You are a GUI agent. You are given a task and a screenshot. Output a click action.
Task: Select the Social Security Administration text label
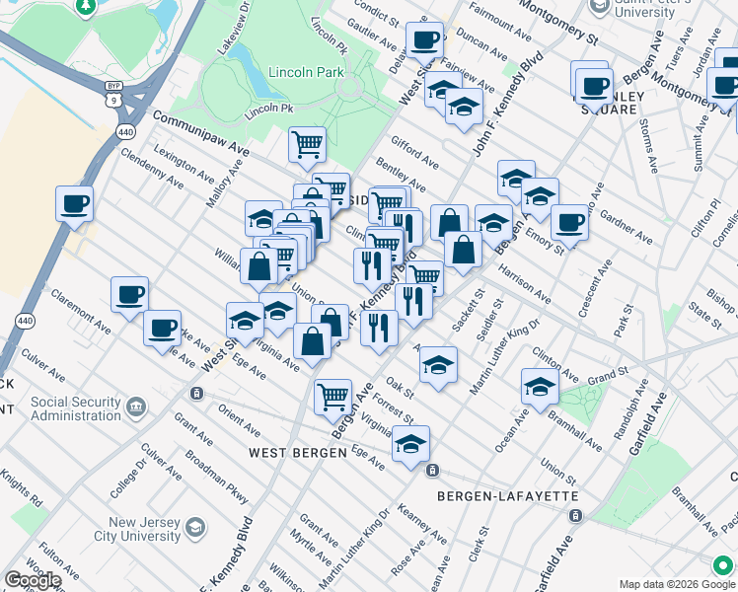pos(75,408)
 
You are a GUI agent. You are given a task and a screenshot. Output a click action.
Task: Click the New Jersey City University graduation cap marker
pos(196,529)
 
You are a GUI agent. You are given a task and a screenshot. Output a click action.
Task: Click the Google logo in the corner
pos(33,580)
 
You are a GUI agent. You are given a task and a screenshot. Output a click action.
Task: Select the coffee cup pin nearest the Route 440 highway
pos(74,205)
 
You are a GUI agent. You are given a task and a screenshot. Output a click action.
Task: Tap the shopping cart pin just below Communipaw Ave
pos(308,144)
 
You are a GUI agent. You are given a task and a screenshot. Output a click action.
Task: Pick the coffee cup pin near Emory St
pos(569,222)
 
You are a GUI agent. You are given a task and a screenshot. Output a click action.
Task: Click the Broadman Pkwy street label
pos(215,476)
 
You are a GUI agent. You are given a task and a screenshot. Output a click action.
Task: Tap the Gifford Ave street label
pos(414,153)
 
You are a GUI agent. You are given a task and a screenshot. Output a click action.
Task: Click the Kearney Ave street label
pos(421,524)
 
